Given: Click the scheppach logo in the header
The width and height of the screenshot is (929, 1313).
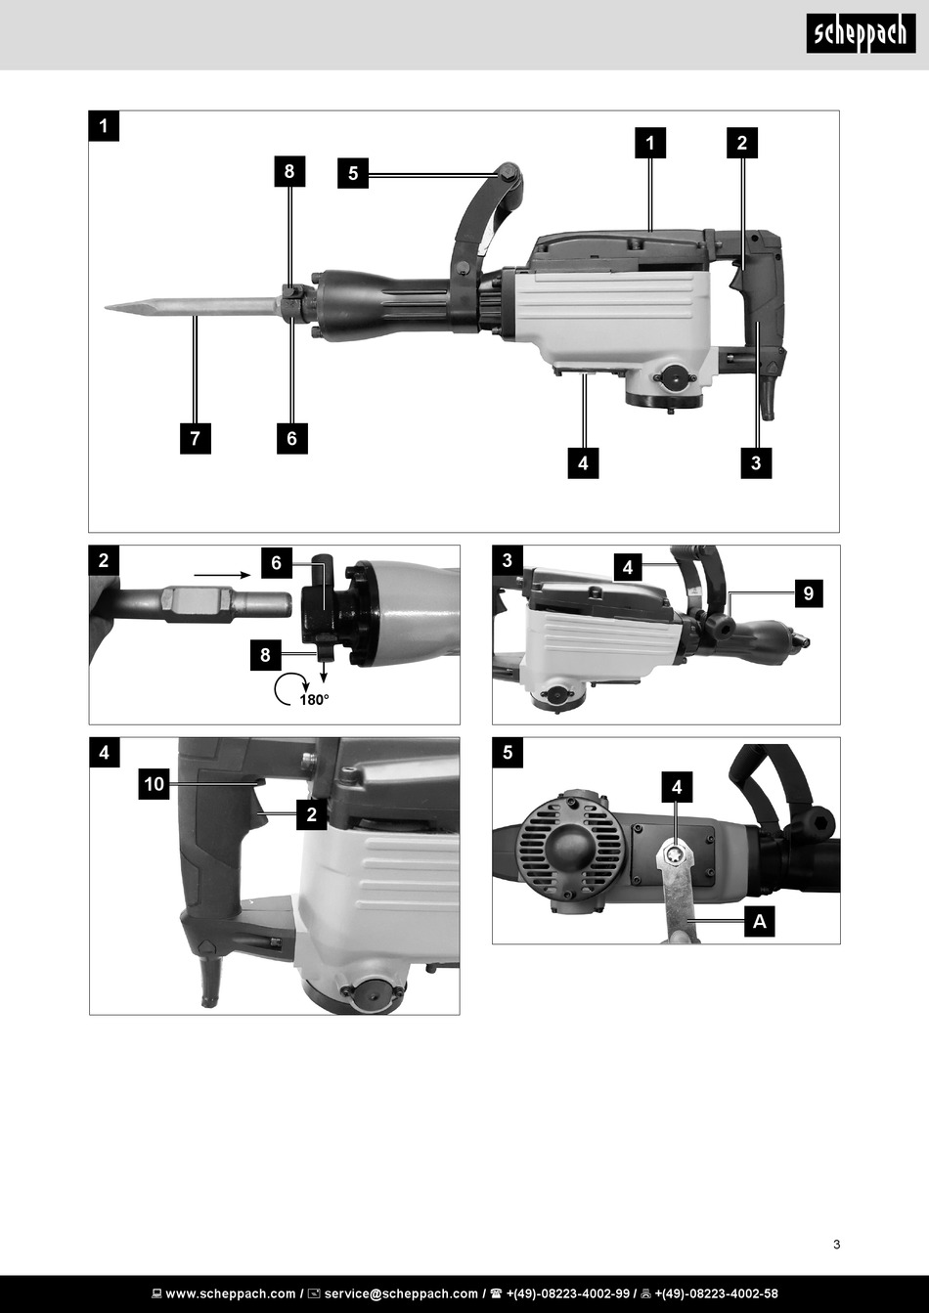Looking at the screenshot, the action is (x=861, y=34).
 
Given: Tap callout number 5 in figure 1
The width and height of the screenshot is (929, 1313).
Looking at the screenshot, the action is (x=353, y=173).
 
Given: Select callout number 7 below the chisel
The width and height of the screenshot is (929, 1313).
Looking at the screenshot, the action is (x=196, y=438).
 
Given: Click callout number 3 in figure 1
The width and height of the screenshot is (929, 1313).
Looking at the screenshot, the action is (x=756, y=463).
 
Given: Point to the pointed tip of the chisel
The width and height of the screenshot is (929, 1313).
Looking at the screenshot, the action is (x=106, y=307).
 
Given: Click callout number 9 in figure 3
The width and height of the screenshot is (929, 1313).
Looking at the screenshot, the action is (x=809, y=593).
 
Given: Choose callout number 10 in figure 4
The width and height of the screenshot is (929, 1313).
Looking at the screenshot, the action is (x=155, y=784).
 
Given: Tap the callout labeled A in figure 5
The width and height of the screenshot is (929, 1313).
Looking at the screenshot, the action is (x=760, y=922).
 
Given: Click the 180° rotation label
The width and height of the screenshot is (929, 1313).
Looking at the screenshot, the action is (x=314, y=700).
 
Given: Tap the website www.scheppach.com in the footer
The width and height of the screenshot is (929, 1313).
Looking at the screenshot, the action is (x=231, y=1293).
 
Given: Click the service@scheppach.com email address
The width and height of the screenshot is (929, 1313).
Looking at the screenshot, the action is (x=401, y=1293).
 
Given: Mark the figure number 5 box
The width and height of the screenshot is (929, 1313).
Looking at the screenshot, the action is (x=508, y=752).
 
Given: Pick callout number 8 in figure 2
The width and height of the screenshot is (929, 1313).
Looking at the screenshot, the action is (x=266, y=655).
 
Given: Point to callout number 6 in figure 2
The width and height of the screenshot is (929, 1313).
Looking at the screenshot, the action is (x=277, y=563).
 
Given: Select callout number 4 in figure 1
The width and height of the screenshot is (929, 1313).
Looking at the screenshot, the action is (x=583, y=463).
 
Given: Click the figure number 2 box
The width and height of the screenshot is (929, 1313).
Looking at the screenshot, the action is (x=104, y=560).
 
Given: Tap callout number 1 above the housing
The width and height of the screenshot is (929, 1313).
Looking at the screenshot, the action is (x=650, y=143).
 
